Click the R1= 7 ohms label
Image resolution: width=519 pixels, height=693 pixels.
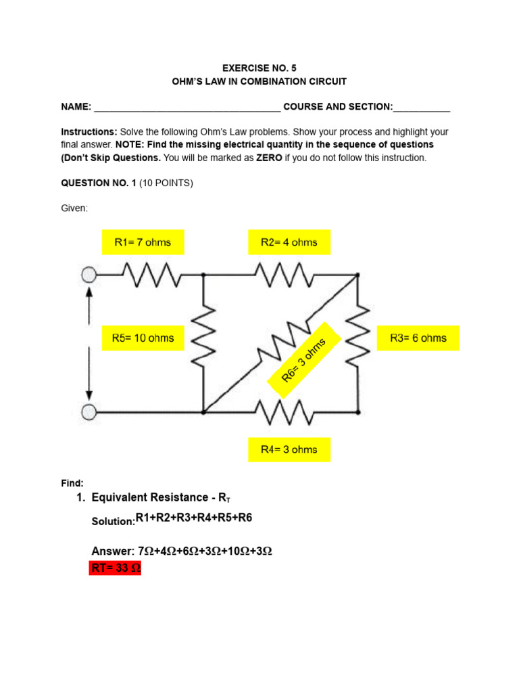click(143, 242)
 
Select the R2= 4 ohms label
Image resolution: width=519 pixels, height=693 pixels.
click(289, 242)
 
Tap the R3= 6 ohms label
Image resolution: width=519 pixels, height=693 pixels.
click(418, 338)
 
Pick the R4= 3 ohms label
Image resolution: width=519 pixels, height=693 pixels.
click(289, 449)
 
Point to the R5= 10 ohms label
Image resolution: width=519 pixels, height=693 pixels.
click(143, 338)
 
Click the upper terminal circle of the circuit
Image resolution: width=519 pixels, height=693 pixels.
click(89, 275)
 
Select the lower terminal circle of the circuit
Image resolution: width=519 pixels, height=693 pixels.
click(89, 411)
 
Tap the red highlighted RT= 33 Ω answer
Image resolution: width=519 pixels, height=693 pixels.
click(115, 568)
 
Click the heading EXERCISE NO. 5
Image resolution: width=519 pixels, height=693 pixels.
click(259, 68)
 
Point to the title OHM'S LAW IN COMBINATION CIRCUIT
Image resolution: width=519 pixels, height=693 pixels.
click(259, 82)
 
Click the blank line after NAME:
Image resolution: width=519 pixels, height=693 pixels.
click(187, 108)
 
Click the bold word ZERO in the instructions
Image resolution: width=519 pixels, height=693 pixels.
click(269, 158)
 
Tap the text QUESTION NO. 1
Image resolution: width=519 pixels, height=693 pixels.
click(99, 183)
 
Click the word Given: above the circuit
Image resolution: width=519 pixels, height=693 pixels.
click(74, 208)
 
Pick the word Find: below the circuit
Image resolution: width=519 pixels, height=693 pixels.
click(72, 483)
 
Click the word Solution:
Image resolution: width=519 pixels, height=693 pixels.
click(112, 522)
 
